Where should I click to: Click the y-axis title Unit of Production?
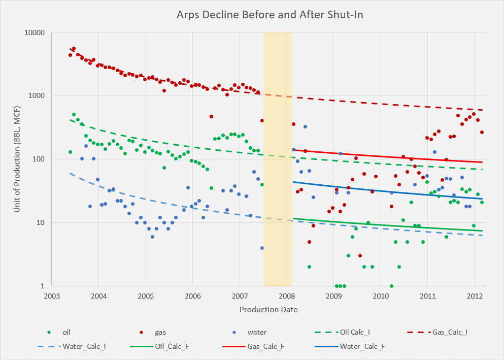[x=17, y=159]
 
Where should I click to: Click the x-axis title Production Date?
[x=268, y=309]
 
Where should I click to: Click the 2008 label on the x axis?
[x=287, y=296]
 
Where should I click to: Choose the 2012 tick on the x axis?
[x=475, y=296]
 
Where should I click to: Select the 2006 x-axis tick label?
[x=192, y=296]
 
